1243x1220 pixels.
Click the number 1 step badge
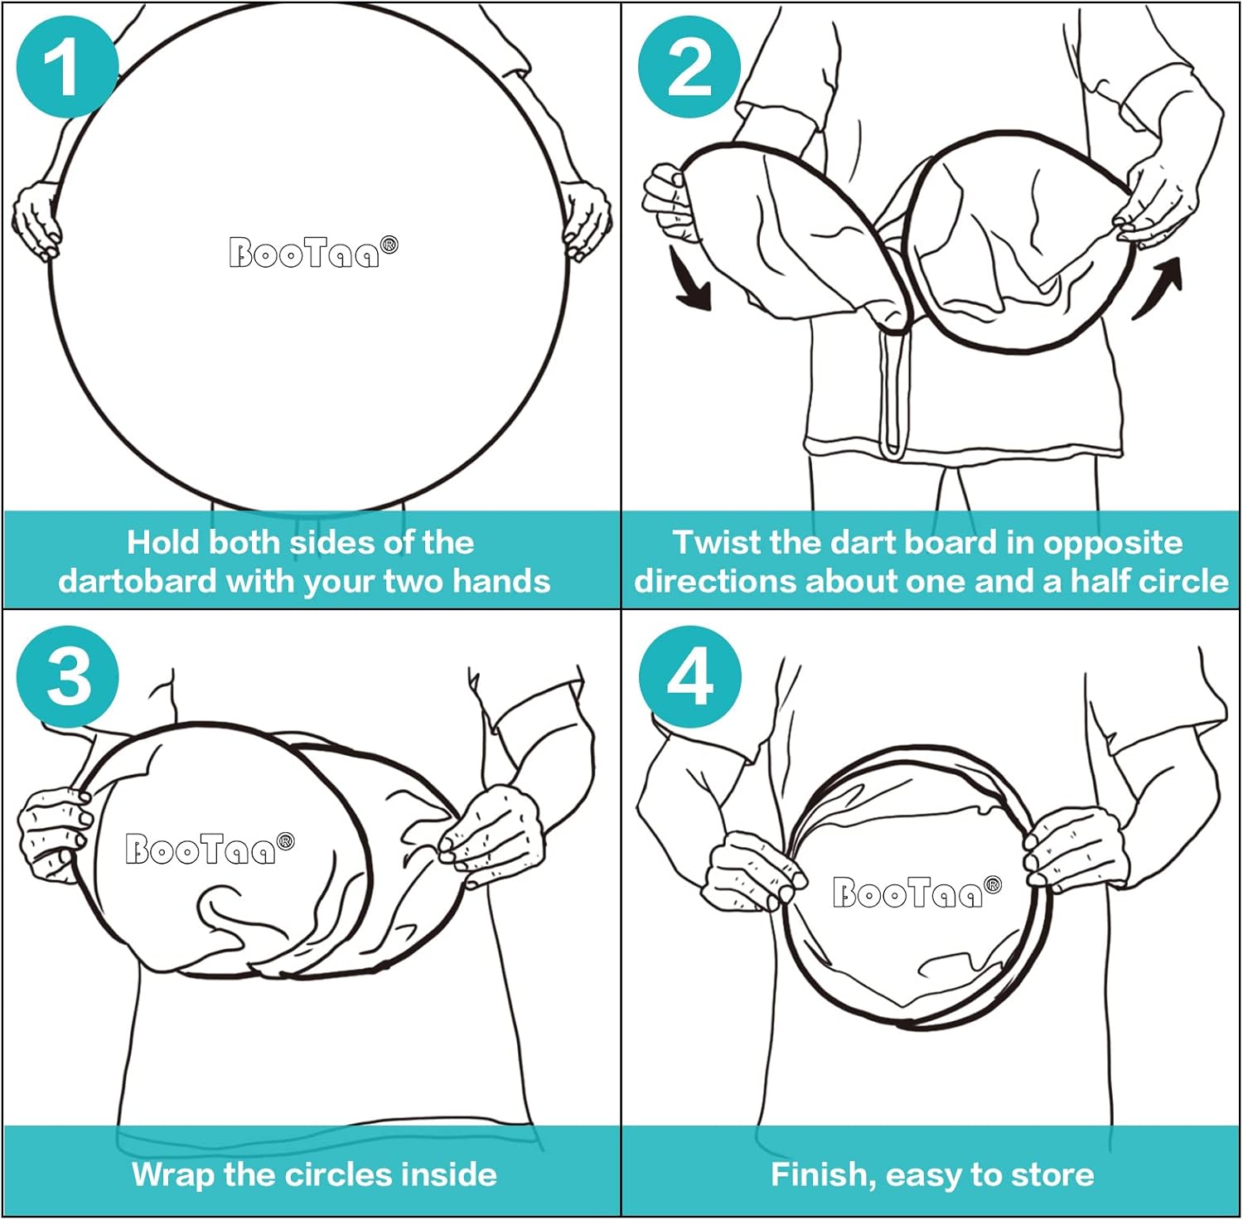pyautogui.click(x=67, y=67)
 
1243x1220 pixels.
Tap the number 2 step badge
pyautogui.click(x=689, y=67)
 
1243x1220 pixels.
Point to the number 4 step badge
pyautogui.click(x=690, y=677)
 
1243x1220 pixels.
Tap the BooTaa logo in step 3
pyautogui.click(x=210, y=849)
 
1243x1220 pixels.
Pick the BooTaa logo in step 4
pyautogui.click(x=917, y=892)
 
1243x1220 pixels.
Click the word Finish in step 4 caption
pyautogui.click(x=823, y=1175)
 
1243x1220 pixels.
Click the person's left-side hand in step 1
pyautogui.click(x=36, y=220)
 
